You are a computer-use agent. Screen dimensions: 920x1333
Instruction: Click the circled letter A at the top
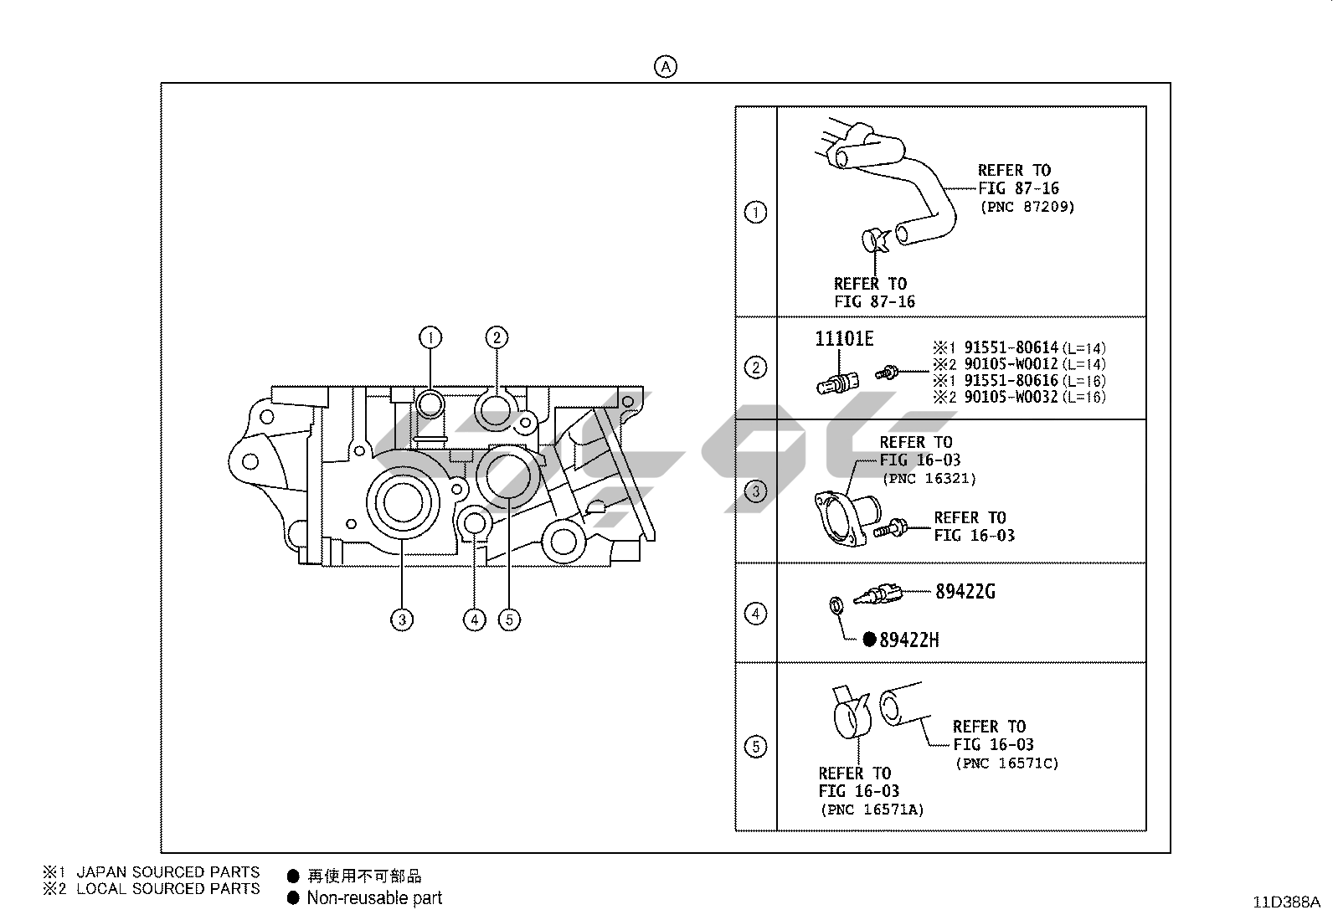point(665,67)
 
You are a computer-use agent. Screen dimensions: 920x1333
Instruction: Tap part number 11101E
point(844,338)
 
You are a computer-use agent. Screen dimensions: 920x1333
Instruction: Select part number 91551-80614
point(1011,347)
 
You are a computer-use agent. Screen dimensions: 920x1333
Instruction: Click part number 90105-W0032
point(1011,397)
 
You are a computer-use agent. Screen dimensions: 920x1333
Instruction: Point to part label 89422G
point(965,592)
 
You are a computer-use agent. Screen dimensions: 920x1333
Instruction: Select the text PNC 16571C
point(1006,763)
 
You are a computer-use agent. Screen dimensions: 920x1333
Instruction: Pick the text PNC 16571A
point(872,809)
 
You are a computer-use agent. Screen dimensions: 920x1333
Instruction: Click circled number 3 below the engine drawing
point(402,619)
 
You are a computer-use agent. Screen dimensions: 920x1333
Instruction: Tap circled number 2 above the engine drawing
point(497,337)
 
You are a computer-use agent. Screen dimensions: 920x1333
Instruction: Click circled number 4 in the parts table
point(755,614)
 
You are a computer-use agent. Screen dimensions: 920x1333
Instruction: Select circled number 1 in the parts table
point(755,213)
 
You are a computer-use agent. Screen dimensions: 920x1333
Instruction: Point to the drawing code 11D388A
point(1285,902)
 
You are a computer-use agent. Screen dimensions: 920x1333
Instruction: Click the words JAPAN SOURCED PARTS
point(167,871)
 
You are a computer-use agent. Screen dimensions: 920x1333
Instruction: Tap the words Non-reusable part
point(373,898)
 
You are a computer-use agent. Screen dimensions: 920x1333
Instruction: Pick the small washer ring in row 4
point(836,606)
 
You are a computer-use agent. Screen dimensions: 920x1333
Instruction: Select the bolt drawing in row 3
point(891,528)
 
